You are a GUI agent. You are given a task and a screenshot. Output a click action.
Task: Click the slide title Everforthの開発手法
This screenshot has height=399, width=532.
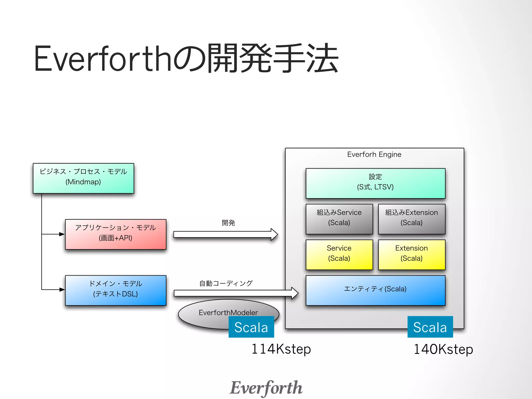(x=186, y=59)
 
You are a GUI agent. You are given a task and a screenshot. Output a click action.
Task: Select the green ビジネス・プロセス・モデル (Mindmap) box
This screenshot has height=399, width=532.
(x=83, y=178)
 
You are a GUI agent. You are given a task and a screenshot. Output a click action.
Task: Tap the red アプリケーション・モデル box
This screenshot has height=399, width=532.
(x=116, y=234)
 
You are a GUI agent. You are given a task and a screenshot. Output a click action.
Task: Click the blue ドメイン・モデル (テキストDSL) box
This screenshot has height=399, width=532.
(x=116, y=290)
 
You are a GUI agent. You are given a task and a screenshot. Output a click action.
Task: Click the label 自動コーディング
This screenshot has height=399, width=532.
(x=226, y=283)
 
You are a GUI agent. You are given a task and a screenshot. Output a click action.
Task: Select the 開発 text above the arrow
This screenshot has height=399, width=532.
(x=228, y=223)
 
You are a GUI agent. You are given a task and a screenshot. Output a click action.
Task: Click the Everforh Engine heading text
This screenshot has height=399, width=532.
(x=374, y=155)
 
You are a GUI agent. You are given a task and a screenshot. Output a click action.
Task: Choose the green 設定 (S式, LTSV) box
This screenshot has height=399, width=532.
(x=375, y=183)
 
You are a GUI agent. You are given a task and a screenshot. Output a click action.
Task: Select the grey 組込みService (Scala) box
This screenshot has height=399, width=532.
(x=339, y=219)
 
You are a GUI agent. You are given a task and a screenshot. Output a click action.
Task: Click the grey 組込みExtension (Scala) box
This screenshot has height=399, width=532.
(x=411, y=219)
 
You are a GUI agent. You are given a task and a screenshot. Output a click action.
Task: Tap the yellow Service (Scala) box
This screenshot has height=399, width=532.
(x=339, y=255)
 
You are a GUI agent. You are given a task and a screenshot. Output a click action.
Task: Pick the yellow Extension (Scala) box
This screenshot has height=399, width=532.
(x=411, y=255)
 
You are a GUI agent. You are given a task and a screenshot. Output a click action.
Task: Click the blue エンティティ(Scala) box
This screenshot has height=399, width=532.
(x=375, y=290)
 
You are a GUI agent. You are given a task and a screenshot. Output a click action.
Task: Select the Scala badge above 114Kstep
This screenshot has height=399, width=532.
(x=251, y=327)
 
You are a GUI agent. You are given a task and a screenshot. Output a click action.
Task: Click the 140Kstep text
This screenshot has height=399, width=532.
(x=443, y=349)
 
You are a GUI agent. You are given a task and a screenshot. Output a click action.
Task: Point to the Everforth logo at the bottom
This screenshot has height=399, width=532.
(x=266, y=388)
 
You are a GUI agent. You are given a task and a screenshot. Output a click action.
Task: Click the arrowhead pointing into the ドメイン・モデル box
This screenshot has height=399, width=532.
(x=62, y=289)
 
